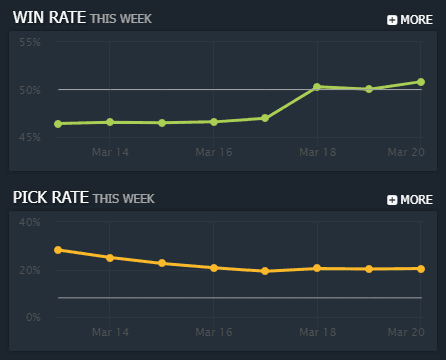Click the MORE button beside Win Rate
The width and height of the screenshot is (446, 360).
[409, 19]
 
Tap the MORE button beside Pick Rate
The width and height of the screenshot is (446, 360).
[409, 199]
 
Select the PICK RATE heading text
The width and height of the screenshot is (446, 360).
[50, 198]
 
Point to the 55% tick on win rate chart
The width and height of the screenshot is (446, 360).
[28, 43]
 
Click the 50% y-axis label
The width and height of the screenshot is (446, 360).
[28, 90]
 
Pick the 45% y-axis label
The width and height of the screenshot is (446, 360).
[28, 137]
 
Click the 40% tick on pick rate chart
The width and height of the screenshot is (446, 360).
[28, 222]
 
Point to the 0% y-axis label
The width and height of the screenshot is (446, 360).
[31, 317]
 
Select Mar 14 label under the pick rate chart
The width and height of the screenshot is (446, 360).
[110, 331]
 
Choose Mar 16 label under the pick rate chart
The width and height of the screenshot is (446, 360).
[214, 331]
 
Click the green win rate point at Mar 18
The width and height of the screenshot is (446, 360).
[317, 87]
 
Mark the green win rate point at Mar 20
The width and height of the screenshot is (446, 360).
[421, 82]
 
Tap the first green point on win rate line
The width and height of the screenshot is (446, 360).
[58, 124]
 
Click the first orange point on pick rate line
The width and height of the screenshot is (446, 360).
[58, 250]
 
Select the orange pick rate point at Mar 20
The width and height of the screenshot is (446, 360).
[421, 268]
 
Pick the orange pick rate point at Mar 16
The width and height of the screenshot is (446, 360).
[214, 268]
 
